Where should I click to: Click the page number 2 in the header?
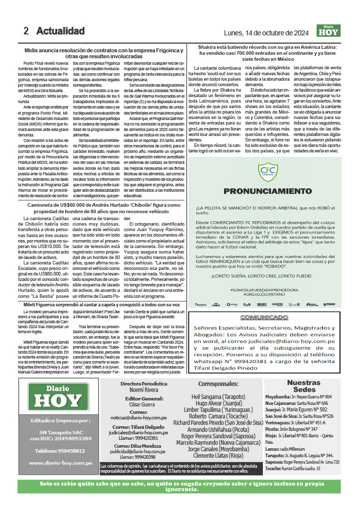point(25,31)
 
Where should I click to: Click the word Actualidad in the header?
point(60,31)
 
